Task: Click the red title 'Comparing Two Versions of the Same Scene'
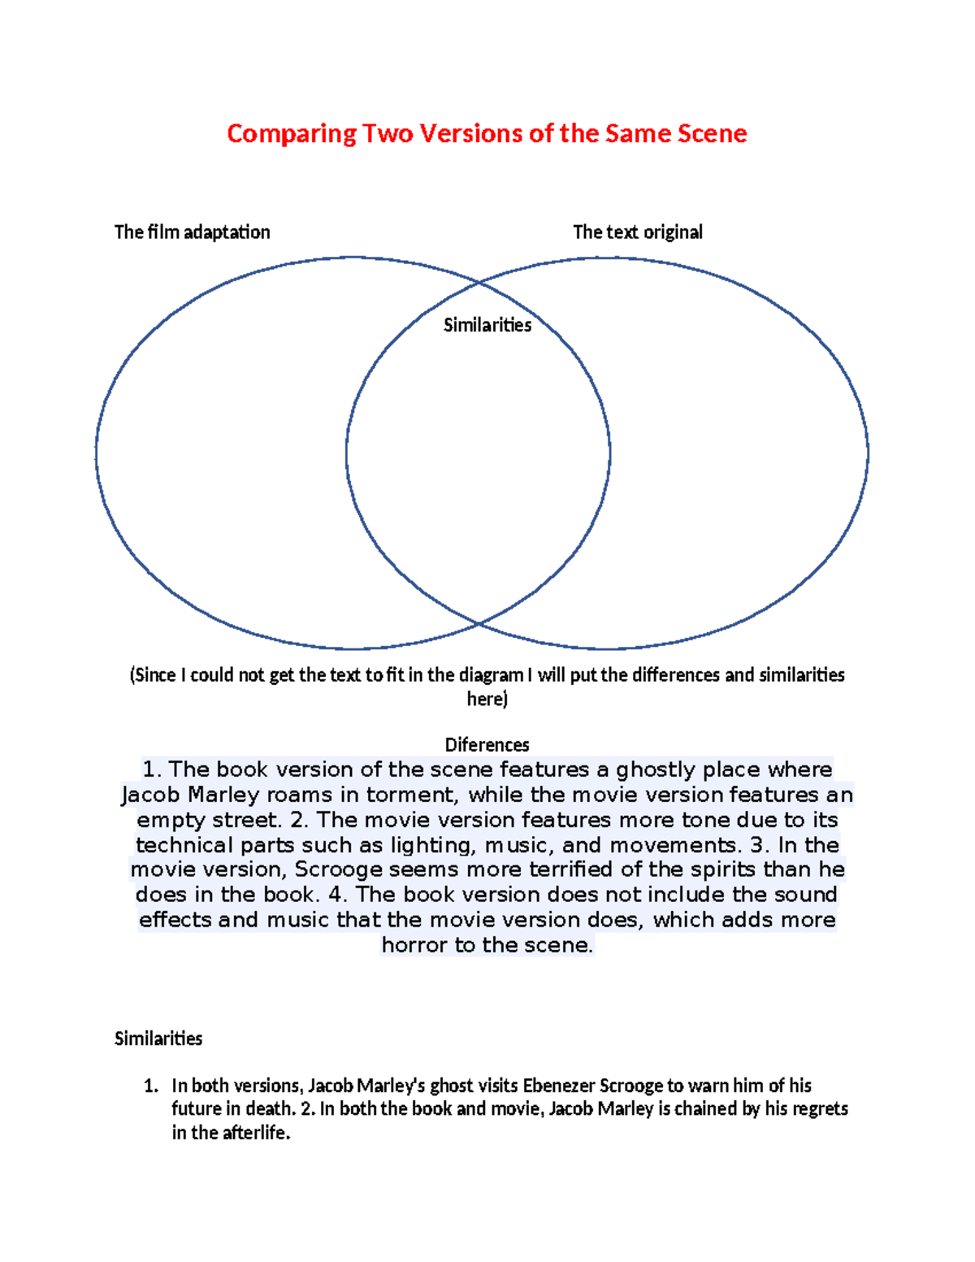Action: coord(487,133)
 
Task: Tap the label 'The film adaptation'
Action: coord(192,232)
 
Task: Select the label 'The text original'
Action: coord(637,232)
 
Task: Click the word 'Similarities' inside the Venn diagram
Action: coord(487,325)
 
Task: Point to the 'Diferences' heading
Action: coord(487,744)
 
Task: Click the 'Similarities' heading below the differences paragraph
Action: coord(158,1039)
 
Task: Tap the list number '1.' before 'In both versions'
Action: coord(150,1086)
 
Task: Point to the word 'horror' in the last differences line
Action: coord(414,945)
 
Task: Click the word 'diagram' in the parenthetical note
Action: coord(491,675)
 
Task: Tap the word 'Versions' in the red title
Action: coord(471,133)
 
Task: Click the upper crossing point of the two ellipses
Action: coord(479,283)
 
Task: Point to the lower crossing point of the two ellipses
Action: coord(479,623)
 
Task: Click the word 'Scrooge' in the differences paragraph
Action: coord(339,870)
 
